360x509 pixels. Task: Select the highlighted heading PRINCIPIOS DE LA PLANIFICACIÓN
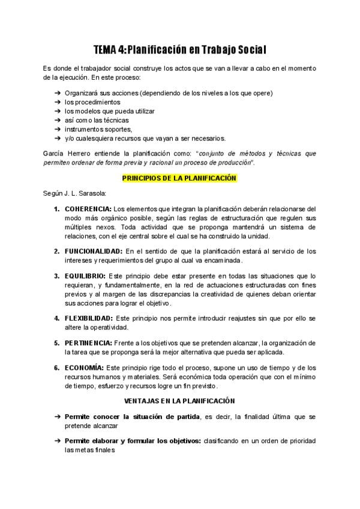[x=180, y=178]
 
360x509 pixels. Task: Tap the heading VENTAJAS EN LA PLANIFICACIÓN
[x=180, y=400]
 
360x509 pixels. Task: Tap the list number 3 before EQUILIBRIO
[x=56, y=276]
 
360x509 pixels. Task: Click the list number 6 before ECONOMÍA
[x=56, y=367]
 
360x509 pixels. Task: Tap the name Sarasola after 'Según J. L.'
[x=92, y=193]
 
